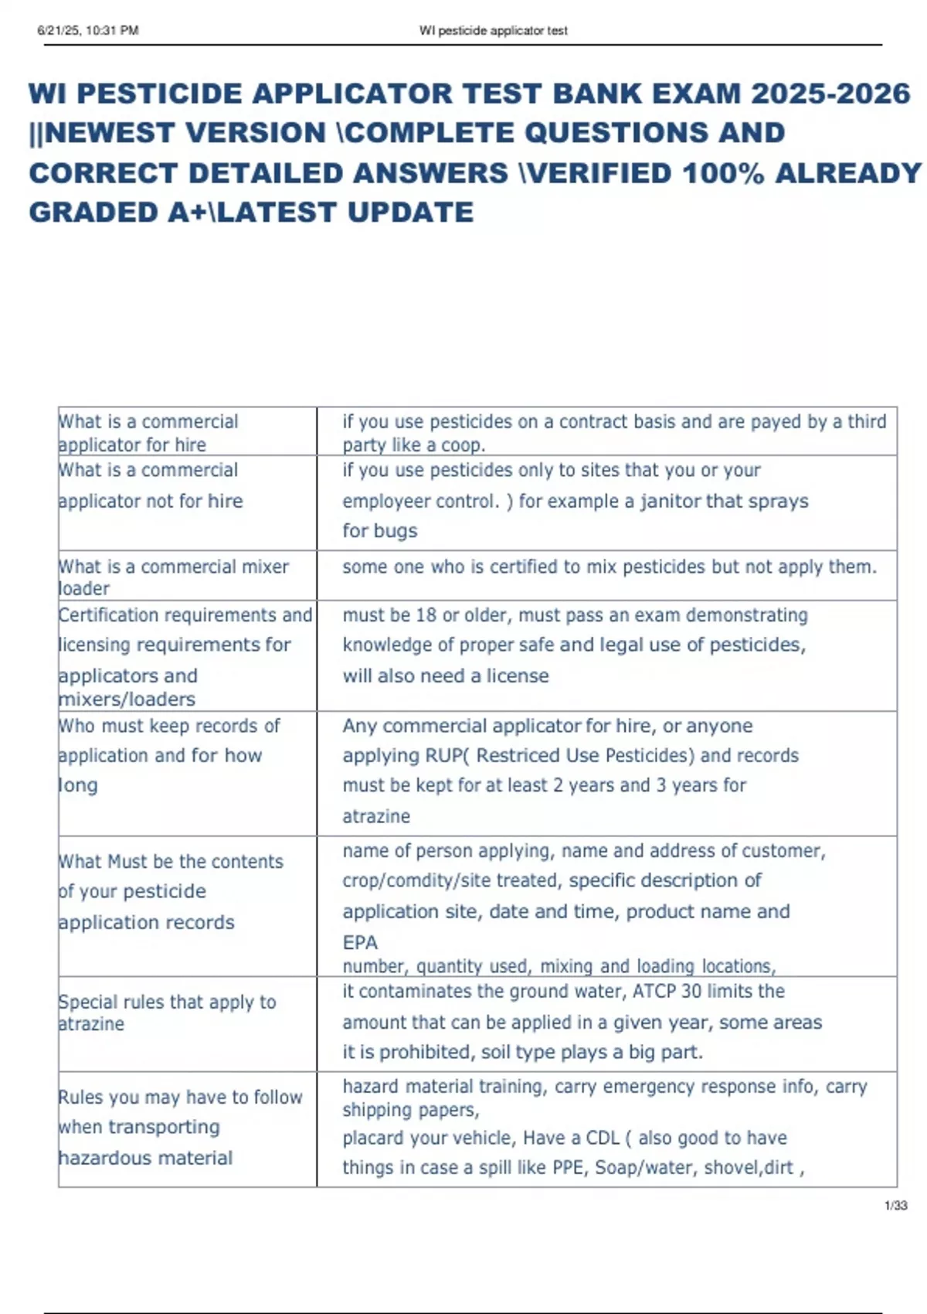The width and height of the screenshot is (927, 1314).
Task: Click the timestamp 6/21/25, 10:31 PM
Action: (x=87, y=31)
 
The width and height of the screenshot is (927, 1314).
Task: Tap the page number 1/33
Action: (x=895, y=1205)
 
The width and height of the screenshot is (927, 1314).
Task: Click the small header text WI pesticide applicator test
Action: (x=493, y=31)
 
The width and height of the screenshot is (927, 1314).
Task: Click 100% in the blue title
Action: (x=723, y=173)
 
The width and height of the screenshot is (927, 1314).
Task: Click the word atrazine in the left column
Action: (x=91, y=1024)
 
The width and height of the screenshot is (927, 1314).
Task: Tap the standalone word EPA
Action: (x=360, y=942)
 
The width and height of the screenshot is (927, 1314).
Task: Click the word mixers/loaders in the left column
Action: (x=127, y=700)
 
